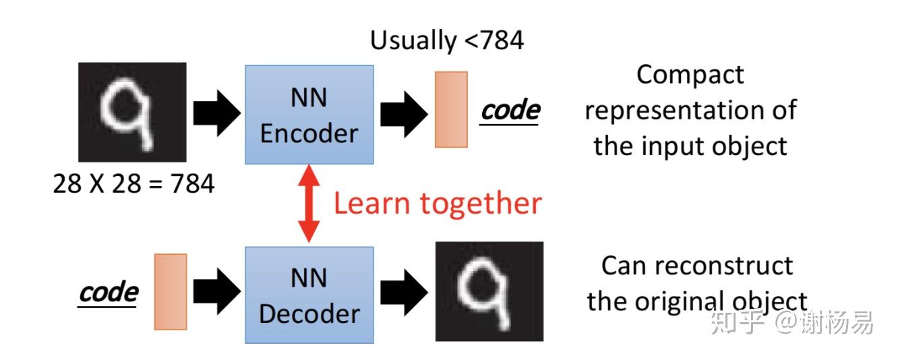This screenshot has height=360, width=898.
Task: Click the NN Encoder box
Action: point(309,115)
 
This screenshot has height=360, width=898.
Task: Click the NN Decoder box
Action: point(309,295)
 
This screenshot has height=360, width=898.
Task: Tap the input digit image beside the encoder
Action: point(132,112)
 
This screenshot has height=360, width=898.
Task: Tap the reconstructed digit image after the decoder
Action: point(489,291)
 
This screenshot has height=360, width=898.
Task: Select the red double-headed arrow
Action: point(309,203)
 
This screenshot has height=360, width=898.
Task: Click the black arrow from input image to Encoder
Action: point(216,113)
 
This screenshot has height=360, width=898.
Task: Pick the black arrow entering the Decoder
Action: point(216,292)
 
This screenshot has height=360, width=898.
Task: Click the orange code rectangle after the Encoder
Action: point(451,109)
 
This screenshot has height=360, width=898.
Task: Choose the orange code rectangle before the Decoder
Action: point(170,291)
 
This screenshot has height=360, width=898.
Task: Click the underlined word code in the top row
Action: point(510,111)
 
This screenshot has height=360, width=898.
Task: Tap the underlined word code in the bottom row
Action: point(109,293)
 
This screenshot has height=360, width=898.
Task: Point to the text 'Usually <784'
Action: point(446,40)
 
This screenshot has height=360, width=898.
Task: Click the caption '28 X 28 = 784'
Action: point(133,183)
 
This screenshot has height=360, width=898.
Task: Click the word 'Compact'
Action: point(690,75)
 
